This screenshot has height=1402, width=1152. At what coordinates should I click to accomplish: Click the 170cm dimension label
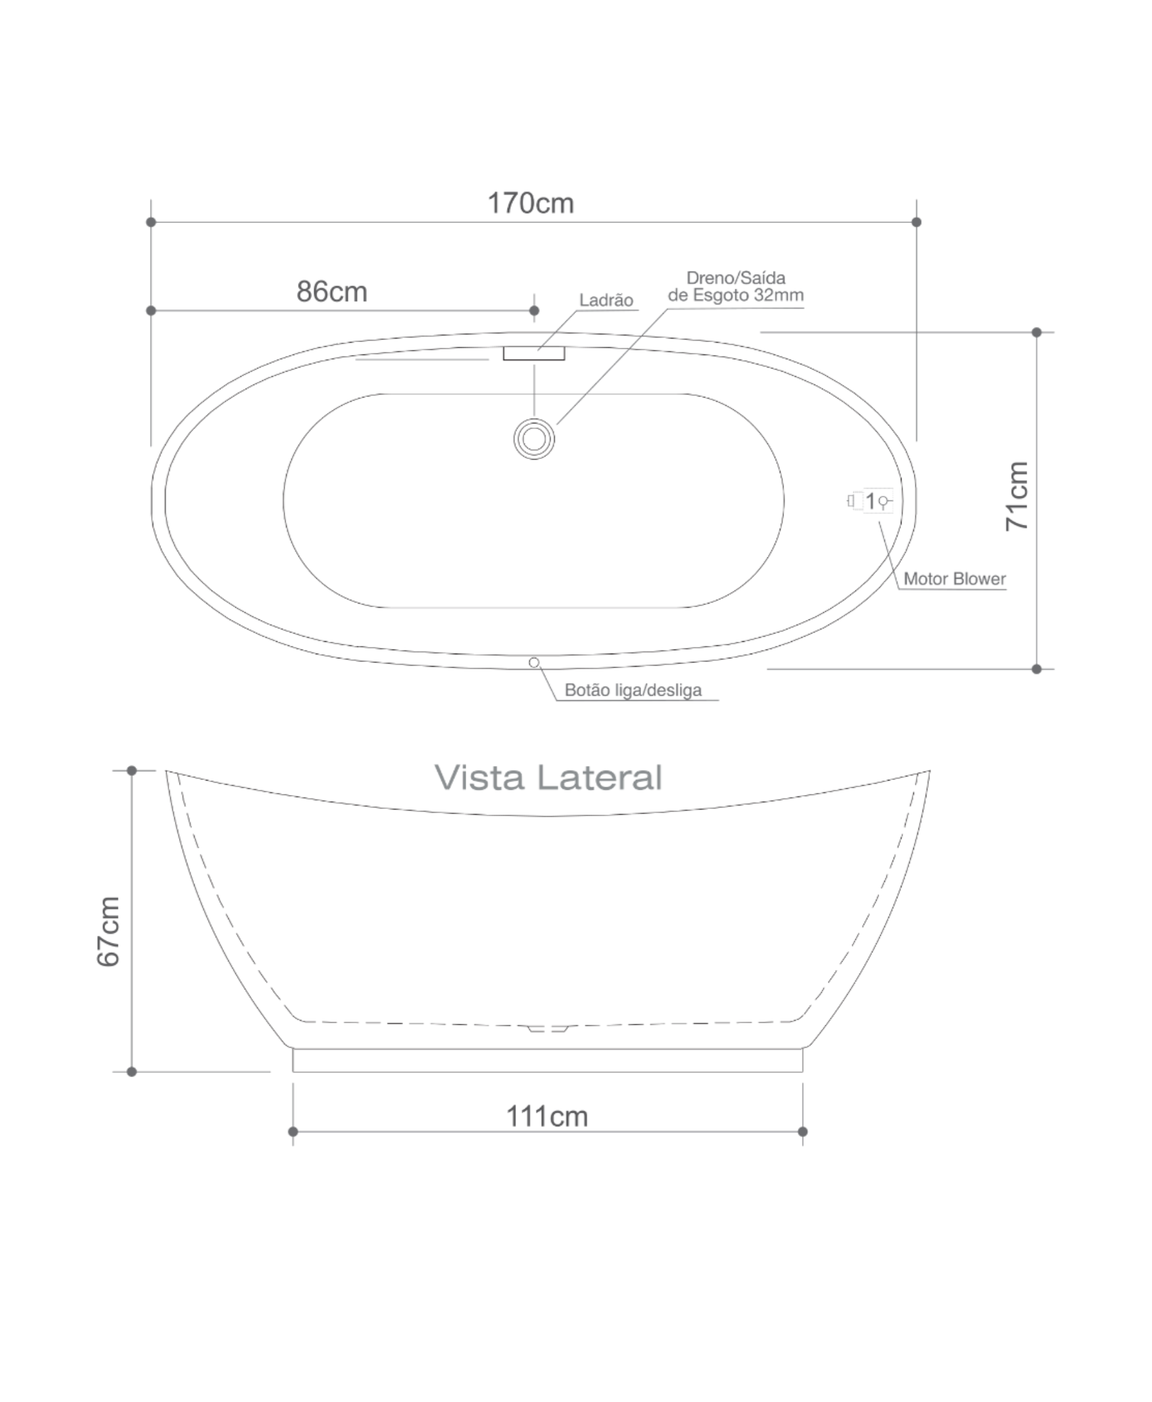coord(531,203)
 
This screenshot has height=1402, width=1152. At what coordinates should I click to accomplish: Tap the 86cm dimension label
coord(332,291)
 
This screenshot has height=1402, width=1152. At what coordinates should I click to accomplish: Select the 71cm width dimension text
coord(1017,496)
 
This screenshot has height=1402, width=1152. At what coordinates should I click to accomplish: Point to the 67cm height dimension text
coord(109,931)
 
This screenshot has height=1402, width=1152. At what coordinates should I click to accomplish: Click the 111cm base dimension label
coord(548,1117)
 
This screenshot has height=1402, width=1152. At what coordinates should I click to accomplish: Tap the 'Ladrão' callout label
coord(606,301)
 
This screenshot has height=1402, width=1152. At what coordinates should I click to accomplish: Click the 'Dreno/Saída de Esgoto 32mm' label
coord(735,287)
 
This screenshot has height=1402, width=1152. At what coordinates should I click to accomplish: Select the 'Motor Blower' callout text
coord(955,579)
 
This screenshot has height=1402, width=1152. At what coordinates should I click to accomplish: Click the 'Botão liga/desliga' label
coord(633,690)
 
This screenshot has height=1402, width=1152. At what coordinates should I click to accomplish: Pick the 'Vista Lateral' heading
coord(548,777)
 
